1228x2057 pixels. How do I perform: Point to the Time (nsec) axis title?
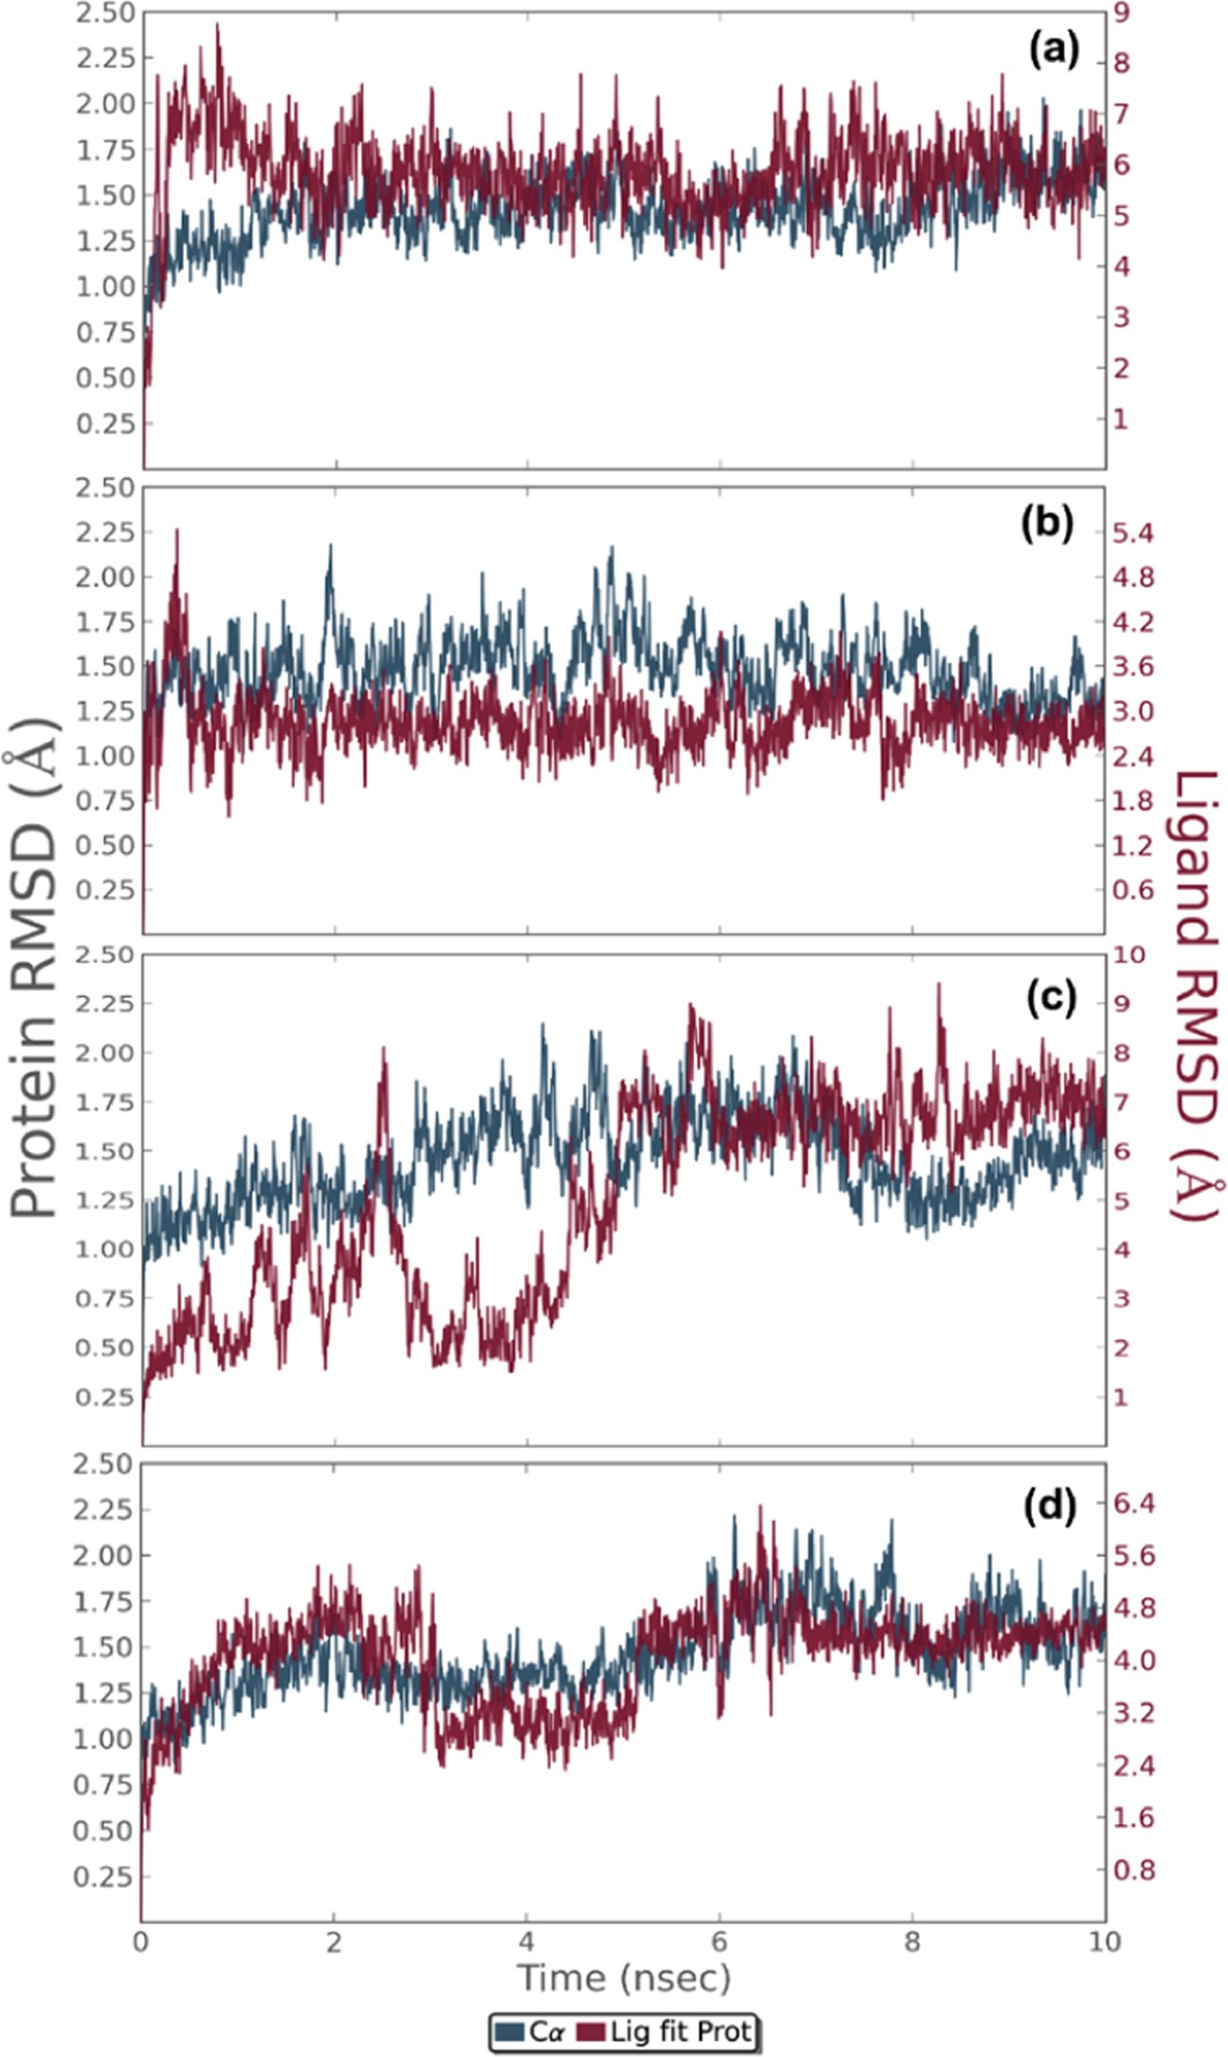click(x=623, y=1977)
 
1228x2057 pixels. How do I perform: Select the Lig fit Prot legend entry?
click(x=669, y=2031)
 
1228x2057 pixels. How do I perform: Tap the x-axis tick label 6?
click(x=719, y=1940)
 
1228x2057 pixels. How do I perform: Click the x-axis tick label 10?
click(x=1103, y=1940)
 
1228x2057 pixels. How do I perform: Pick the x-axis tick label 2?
click(x=334, y=1940)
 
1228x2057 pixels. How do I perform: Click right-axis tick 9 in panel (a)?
click(x=1123, y=13)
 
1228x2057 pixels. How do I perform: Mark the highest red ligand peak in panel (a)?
click(x=217, y=26)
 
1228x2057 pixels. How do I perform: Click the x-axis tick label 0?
click(x=141, y=1940)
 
